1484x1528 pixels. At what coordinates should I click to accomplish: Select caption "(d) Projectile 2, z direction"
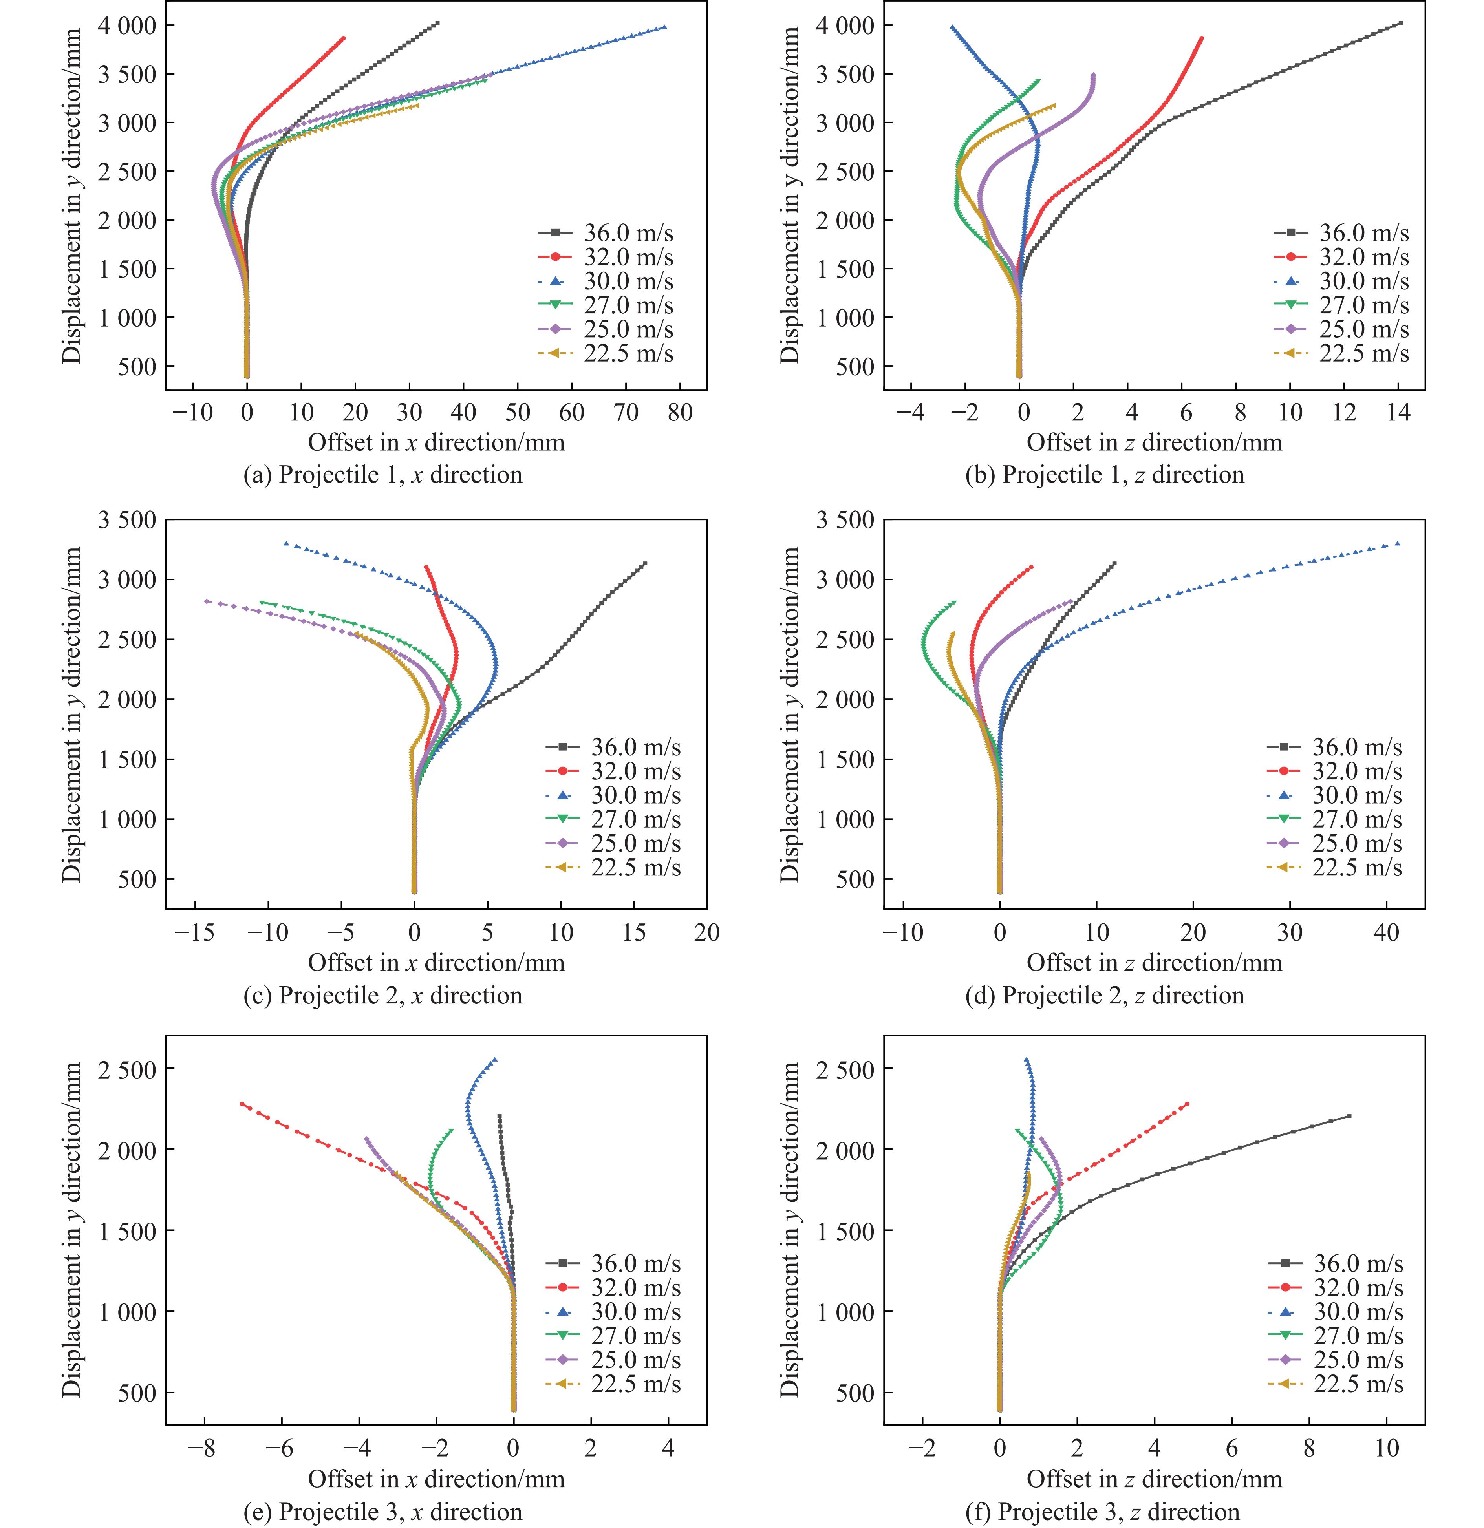1104,996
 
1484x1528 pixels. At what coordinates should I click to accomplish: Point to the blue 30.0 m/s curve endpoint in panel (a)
664,27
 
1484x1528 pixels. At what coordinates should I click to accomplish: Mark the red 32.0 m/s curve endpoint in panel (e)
242,1104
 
